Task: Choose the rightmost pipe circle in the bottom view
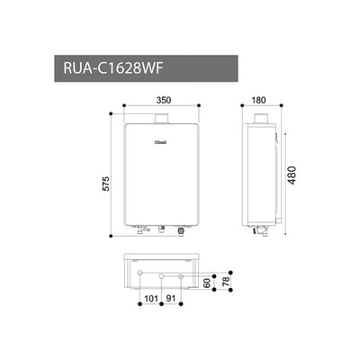coord(182,274)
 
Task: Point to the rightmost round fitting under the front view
coord(181,230)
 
